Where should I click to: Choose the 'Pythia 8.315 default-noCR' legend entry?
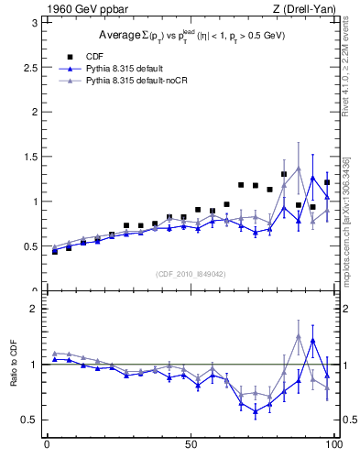[x=136, y=81]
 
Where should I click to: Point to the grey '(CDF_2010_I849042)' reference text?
[x=191, y=273]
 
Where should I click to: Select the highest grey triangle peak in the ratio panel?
[x=299, y=336]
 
